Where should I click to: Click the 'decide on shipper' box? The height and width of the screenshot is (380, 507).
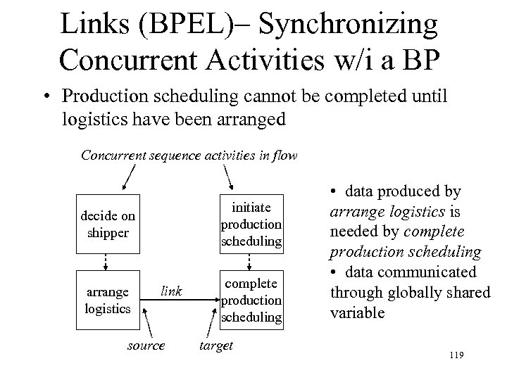(107, 224)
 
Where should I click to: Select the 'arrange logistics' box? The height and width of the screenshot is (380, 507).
(107, 300)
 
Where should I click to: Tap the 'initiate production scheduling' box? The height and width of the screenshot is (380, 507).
(251, 223)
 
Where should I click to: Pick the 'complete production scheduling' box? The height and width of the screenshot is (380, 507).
(251, 298)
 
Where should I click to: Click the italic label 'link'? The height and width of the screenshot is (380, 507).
(172, 290)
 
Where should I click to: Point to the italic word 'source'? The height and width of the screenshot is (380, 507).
(146, 346)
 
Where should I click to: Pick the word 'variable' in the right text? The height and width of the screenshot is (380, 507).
(358, 312)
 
